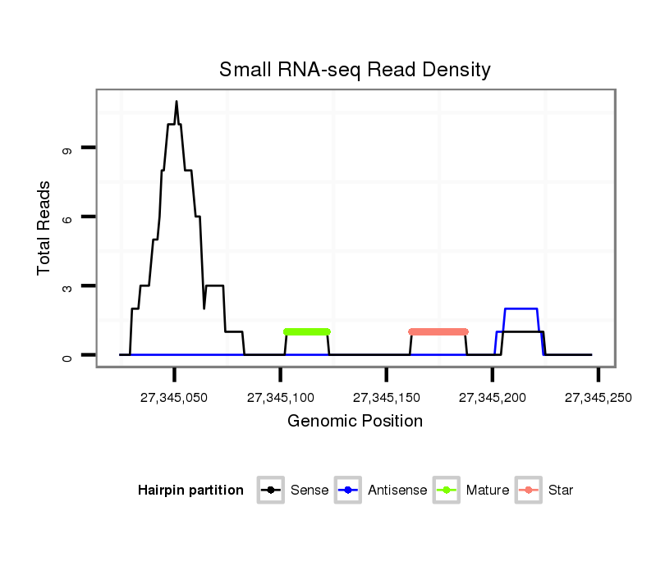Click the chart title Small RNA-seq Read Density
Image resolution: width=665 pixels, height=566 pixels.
pyautogui.click(x=355, y=70)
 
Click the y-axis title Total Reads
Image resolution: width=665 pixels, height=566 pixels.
pyautogui.click(x=44, y=228)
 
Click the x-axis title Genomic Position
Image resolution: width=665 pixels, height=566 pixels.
pyautogui.click(x=355, y=422)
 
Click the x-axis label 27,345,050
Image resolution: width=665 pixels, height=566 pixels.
pyautogui.click(x=174, y=398)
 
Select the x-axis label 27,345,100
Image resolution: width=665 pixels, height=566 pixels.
pyautogui.click(x=280, y=398)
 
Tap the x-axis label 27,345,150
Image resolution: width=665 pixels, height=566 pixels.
pyautogui.click(x=386, y=398)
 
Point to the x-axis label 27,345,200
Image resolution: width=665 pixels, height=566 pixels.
pyautogui.click(x=492, y=398)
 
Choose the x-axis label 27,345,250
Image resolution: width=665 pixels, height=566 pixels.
pyautogui.click(x=598, y=398)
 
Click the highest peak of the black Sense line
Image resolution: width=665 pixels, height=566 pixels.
pyautogui.click(x=177, y=102)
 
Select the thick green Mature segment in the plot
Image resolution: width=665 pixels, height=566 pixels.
pyautogui.click(x=306, y=331)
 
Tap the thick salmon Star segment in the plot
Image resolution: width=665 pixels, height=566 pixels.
pyautogui.click(x=438, y=331)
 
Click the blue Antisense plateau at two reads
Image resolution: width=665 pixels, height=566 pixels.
pyautogui.click(x=521, y=308)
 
